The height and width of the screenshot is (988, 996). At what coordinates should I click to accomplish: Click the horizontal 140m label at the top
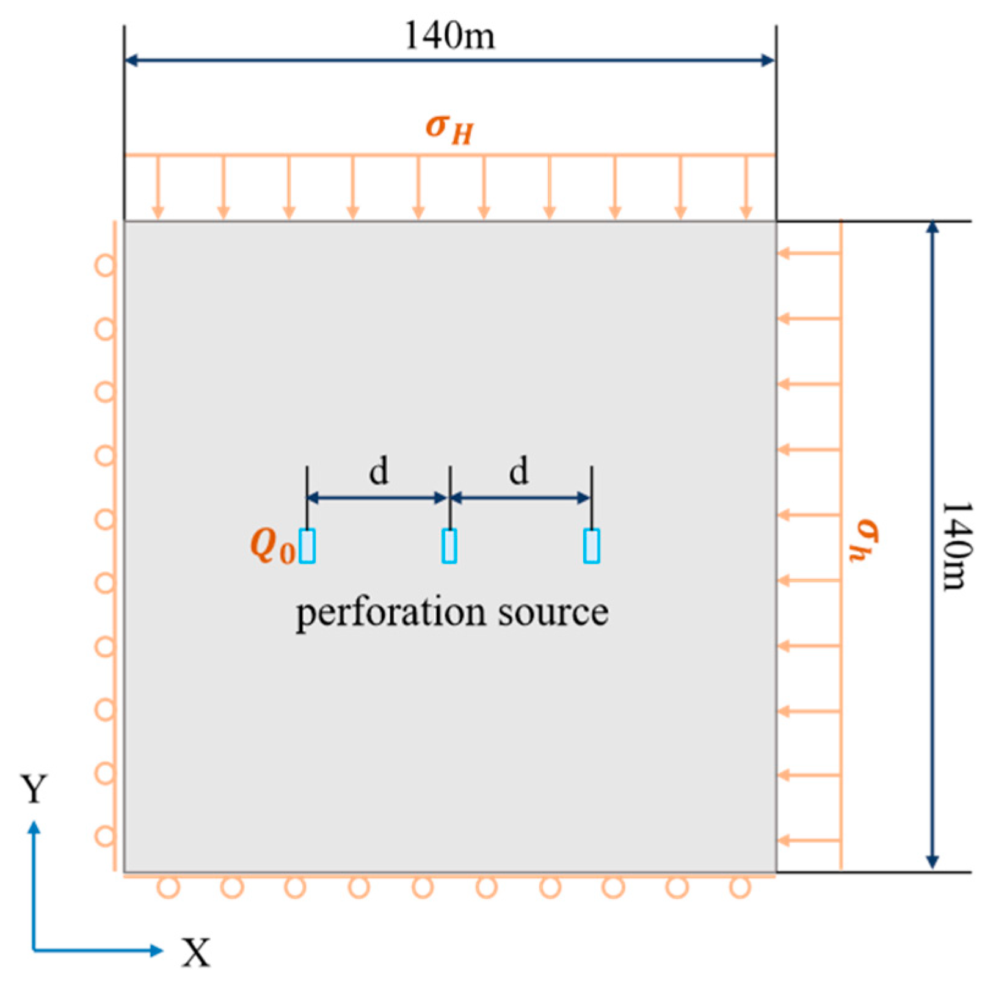[x=449, y=35]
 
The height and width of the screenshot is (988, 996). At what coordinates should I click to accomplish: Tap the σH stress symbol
[x=449, y=128]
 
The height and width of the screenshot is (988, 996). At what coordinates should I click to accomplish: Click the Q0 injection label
[x=272, y=545]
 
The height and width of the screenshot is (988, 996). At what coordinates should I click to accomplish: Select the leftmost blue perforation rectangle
[x=307, y=546]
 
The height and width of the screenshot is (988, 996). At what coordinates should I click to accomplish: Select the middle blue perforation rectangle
[x=449, y=546]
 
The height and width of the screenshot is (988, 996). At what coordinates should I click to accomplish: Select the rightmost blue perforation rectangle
[x=591, y=546]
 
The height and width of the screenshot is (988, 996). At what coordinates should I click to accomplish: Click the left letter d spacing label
[x=379, y=471]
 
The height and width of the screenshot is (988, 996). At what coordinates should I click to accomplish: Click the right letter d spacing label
[x=519, y=471]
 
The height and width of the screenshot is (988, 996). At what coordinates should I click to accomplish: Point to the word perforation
[x=391, y=613]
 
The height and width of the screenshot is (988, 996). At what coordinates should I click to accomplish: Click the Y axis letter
[x=34, y=789]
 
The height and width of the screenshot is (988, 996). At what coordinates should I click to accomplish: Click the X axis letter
[x=196, y=952]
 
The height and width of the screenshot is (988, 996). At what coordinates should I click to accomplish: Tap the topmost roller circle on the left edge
[x=105, y=266]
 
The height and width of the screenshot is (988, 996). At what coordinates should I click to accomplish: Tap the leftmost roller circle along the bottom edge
[x=169, y=887]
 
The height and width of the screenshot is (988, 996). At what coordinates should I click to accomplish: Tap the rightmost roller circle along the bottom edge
[x=740, y=887]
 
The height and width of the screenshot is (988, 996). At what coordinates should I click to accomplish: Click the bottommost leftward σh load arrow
[x=809, y=841]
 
